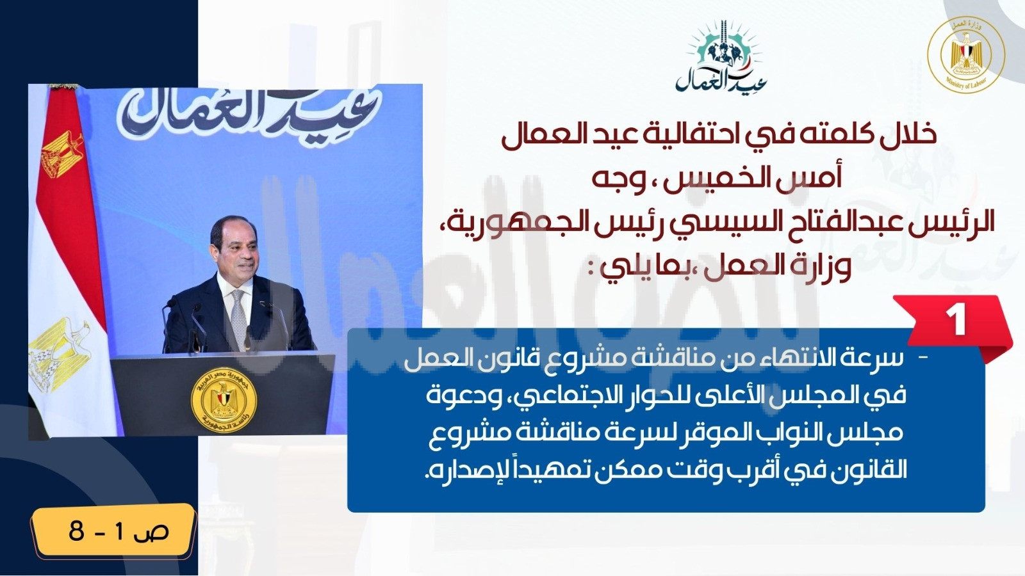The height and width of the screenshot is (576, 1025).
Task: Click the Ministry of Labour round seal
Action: tap(966, 55)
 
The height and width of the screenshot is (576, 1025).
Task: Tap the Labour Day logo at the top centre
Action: tap(721, 56)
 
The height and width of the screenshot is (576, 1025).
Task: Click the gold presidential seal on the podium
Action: tap(224, 401)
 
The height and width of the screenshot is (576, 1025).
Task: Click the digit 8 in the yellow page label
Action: tap(76, 531)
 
